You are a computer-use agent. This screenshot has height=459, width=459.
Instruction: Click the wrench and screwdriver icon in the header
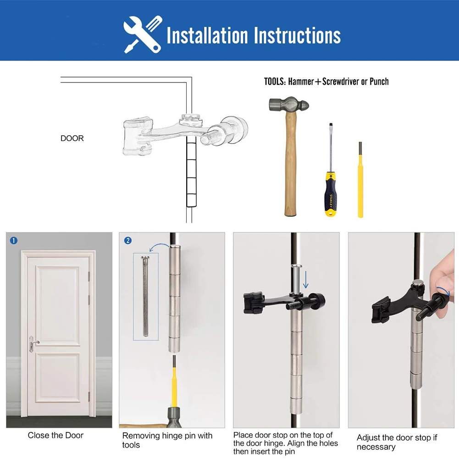pyautogui.click(x=143, y=34)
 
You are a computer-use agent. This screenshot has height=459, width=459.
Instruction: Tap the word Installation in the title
pyautogui.click(x=207, y=35)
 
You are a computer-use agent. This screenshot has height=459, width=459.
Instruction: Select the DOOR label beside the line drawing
pyautogui.click(x=72, y=138)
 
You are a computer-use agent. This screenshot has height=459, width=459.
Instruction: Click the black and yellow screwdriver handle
pyautogui.click(x=331, y=193)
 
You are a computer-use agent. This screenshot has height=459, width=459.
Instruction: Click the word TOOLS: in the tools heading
pyautogui.click(x=275, y=82)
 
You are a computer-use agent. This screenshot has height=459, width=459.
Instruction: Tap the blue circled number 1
pyautogui.click(x=14, y=240)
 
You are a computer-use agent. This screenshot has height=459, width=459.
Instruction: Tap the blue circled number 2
pyautogui.click(x=128, y=240)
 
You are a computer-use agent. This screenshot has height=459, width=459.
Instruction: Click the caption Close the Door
pyautogui.click(x=55, y=435)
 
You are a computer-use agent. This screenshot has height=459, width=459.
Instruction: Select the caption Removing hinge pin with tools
pyautogui.click(x=167, y=440)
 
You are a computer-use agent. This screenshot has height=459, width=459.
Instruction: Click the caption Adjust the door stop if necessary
pyautogui.click(x=397, y=442)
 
